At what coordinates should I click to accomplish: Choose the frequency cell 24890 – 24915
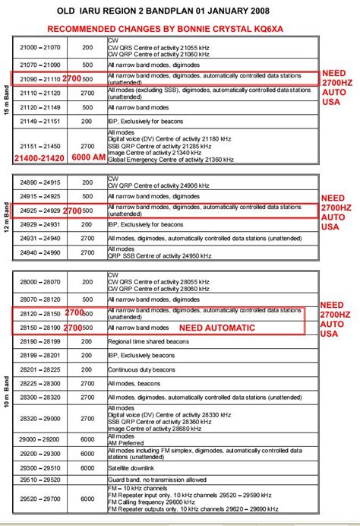point(41,182)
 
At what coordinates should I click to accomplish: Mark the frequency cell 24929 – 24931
point(41,224)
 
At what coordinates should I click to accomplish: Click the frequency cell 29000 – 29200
point(41,439)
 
